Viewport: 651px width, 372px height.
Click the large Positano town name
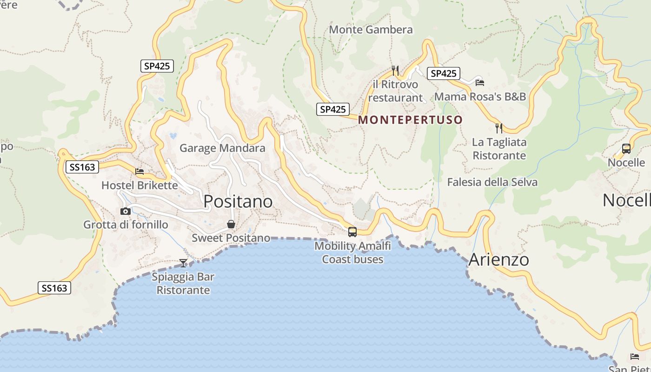pyautogui.click(x=238, y=201)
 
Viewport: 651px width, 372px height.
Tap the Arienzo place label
pyautogui.click(x=498, y=259)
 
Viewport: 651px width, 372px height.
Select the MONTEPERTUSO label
pyautogui.click(x=411, y=120)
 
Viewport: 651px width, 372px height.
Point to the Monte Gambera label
pyautogui.click(x=371, y=30)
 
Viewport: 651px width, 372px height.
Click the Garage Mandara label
pyautogui.click(x=222, y=148)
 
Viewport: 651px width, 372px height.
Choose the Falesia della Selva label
pyautogui.click(x=492, y=182)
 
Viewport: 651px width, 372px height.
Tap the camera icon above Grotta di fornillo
pyautogui.click(x=125, y=212)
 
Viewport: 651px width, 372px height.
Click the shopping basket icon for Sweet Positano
pyautogui.click(x=231, y=225)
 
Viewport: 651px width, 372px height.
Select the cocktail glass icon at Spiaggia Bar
pyautogui.click(x=183, y=263)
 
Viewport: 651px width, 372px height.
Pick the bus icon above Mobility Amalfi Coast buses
pyautogui.click(x=352, y=232)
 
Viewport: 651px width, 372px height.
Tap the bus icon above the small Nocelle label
pyautogui.click(x=626, y=149)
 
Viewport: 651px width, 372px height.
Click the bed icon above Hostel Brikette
pyautogui.click(x=139, y=172)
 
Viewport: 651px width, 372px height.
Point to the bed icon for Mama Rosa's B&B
pyautogui.click(x=480, y=83)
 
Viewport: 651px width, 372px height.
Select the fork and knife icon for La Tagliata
pyautogui.click(x=499, y=128)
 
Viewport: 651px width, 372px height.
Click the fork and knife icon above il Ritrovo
pyautogui.click(x=395, y=71)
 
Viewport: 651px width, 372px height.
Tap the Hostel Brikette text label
pyautogui.click(x=139, y=186)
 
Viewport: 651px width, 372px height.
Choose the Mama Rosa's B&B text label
pyautogui.click(x=480, y=97)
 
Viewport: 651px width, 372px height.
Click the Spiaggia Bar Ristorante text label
pyautogui.click(x=183, y=284)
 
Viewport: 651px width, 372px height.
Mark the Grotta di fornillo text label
pyautogui.click(x=126, y=225)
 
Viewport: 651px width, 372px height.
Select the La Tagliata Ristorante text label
pyautogui.click(x=499, y=149)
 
